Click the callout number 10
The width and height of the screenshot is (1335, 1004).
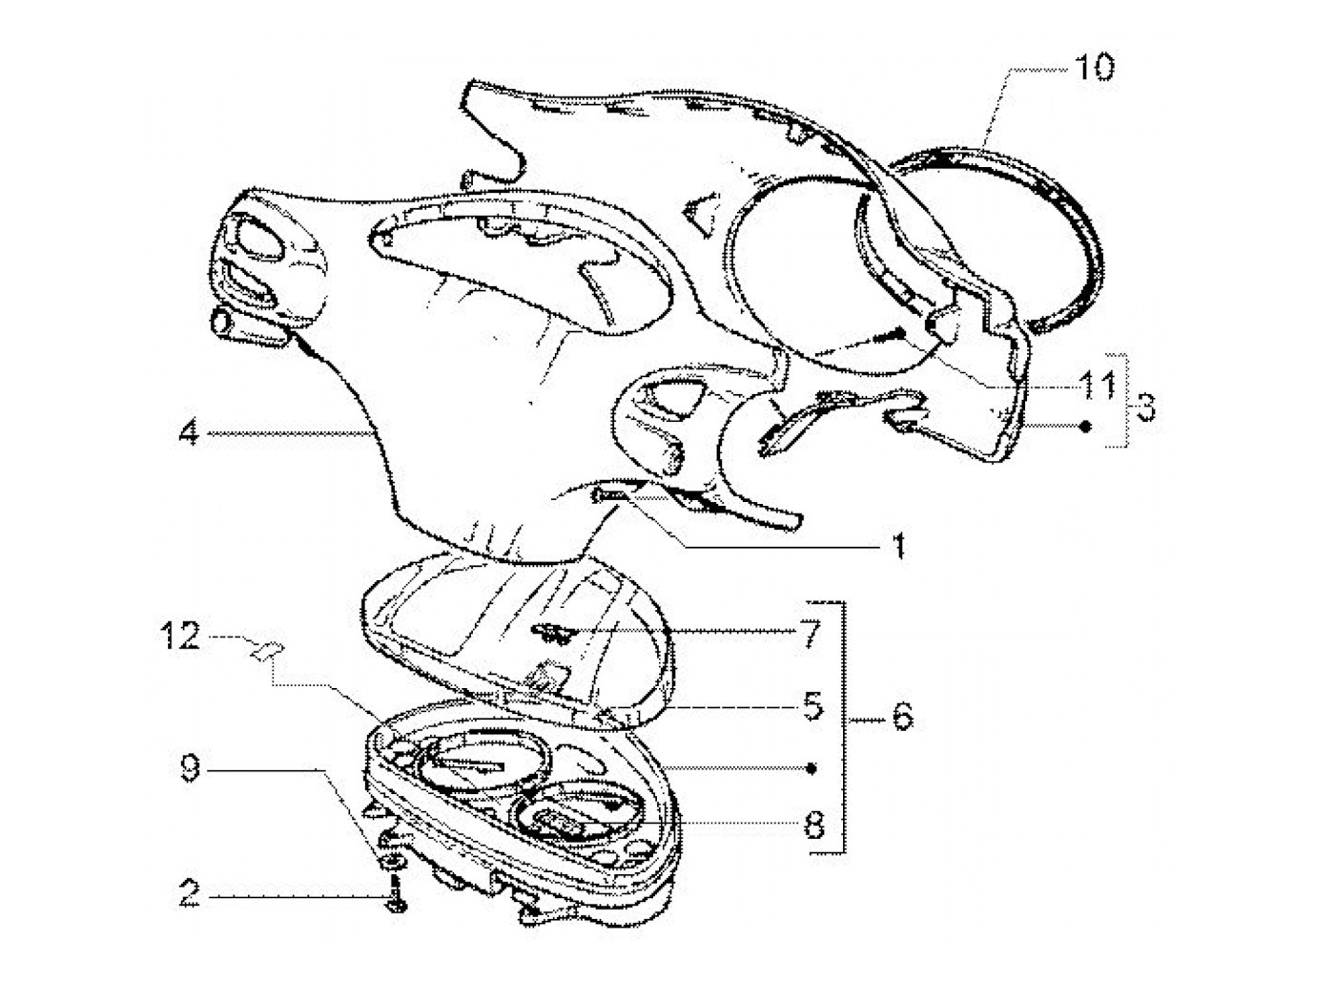1094,69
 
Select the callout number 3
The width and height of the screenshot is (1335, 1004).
1145,407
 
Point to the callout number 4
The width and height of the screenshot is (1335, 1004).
189,434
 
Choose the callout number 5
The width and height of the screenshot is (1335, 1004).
811,707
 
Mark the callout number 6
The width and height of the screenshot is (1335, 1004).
901,716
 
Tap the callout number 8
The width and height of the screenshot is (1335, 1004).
812,825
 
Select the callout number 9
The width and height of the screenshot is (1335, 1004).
190,768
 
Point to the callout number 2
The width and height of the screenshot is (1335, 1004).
190,895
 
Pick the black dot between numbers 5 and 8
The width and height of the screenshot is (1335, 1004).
811,767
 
